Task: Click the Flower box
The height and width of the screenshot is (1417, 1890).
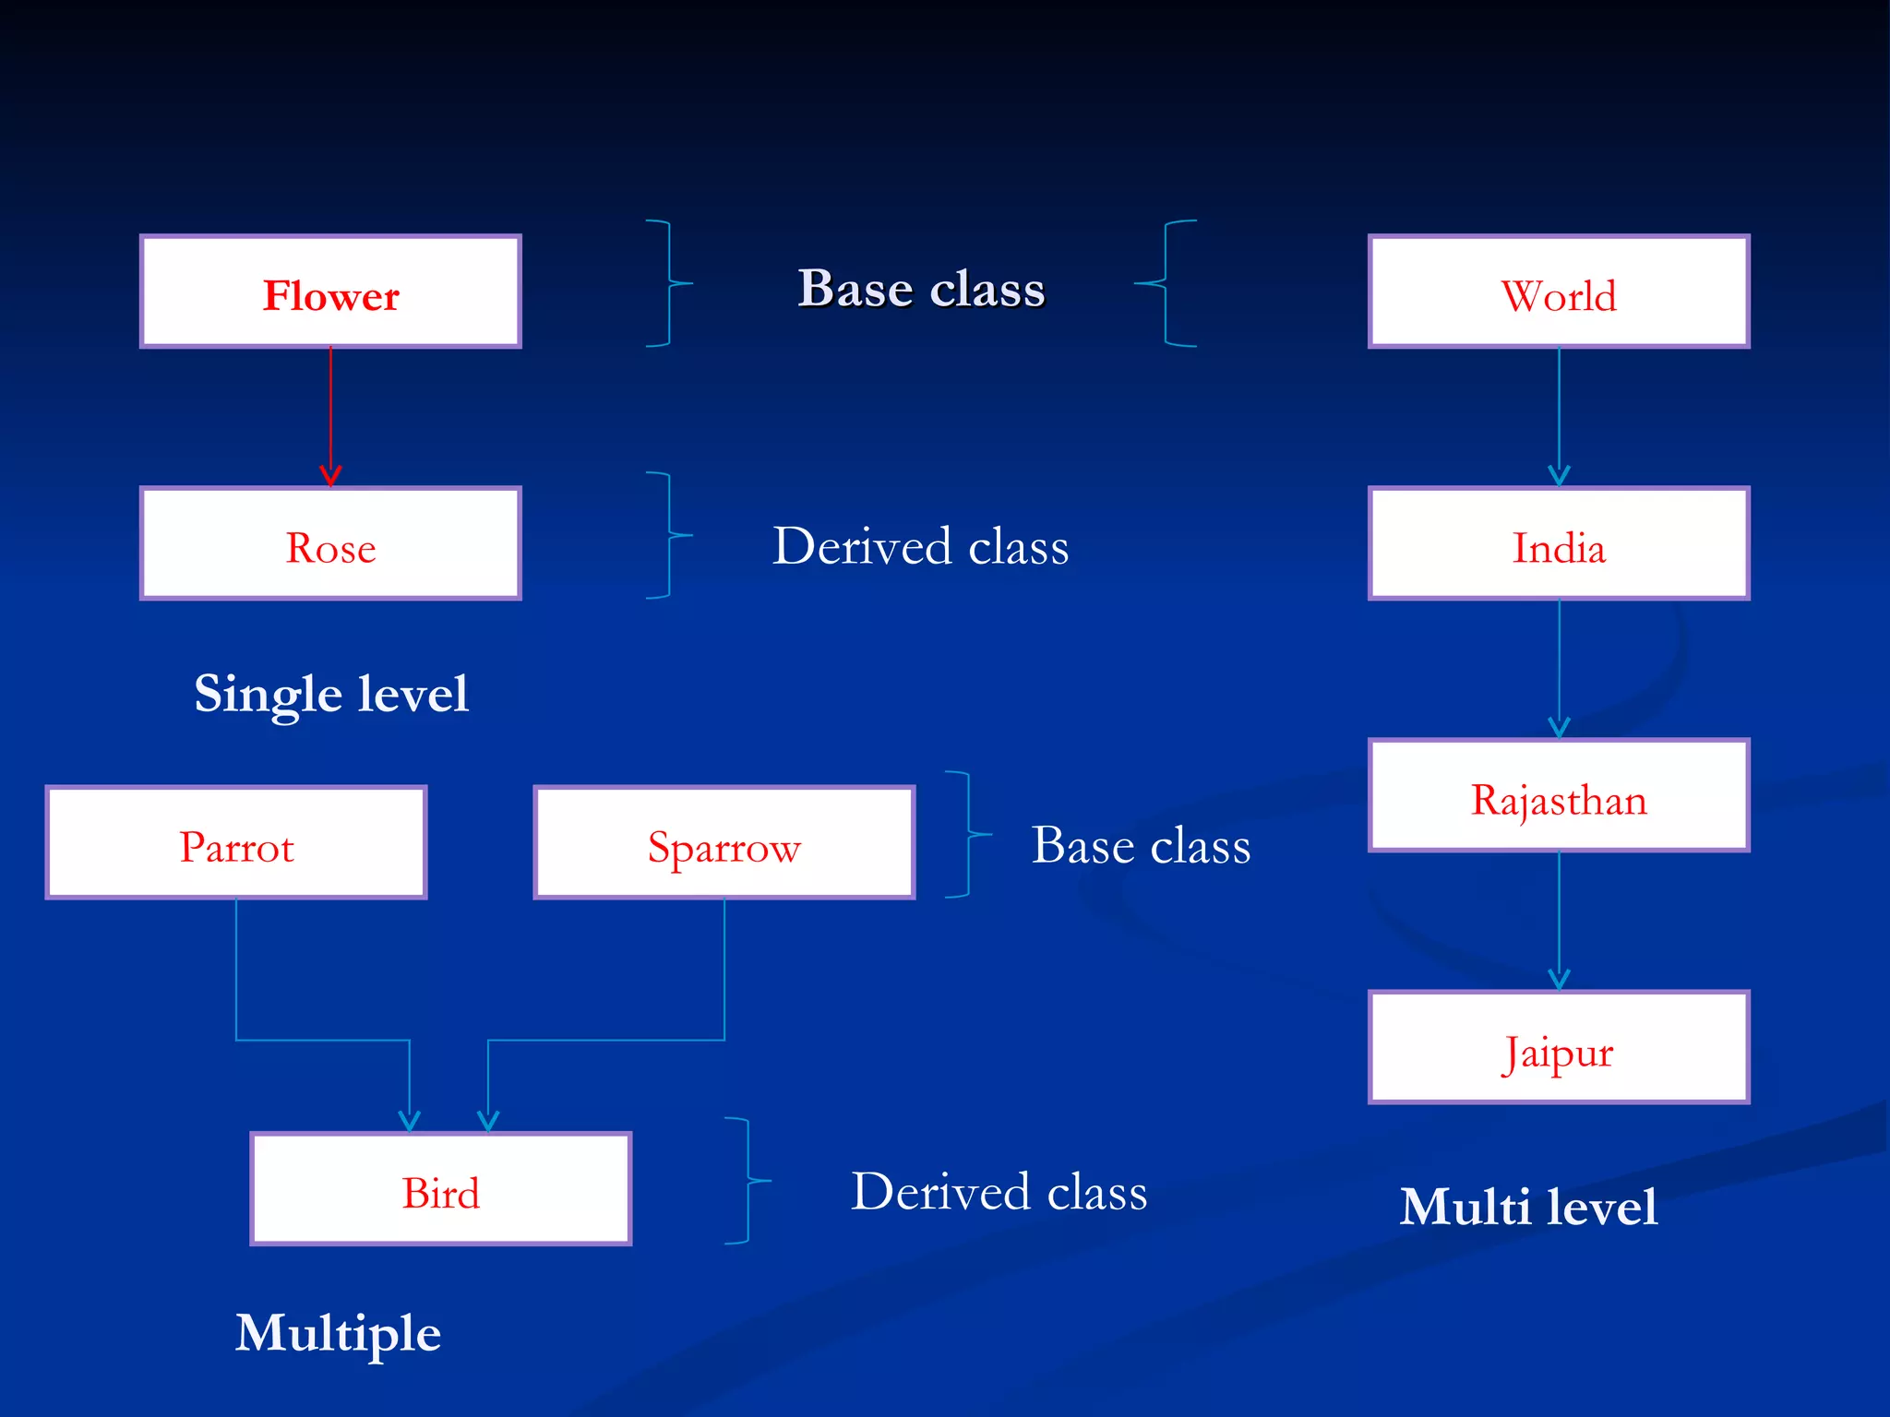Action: pyautogui.click(x=330, y=292)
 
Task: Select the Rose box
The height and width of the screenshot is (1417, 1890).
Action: pyautogui.click(x=330, y=543)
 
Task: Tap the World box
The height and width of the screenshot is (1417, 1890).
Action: pyautogui.click(x=1559, y=292)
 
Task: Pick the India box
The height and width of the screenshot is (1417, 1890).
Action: pyautogui.click(x=1559, y=543)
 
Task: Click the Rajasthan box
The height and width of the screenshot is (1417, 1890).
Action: pyautogui.click(x=1559, y=795)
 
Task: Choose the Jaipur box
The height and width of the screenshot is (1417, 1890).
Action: pyautogui.click(x=1559, y=1047)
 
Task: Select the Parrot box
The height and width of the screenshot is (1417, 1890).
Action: pyautogui.click(x=236, y=842)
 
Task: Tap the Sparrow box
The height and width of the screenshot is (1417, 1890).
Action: pyautogui.click(x=724, y=842)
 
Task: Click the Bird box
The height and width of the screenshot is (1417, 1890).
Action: pyautogui.click(x=441, y=1189)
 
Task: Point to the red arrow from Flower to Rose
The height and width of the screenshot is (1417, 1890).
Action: pyautogui.click(x=330, y=415)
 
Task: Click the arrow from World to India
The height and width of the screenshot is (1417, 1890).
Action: pyautogui.click(x=1559, y=415)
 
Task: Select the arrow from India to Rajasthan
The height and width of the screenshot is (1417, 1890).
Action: pyautogui.click(x=1559, y=669)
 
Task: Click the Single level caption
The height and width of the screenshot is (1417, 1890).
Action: pyautogui.click(x=331, y=694)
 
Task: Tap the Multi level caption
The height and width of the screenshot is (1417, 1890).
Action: pyautogui.click(x=1528, y=1207)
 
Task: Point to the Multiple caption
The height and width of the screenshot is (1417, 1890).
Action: pyautogui.click(x=338, y=1334)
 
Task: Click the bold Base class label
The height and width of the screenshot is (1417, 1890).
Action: pyautogui.click(x=921, y=289)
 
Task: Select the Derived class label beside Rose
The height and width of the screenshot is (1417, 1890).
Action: pyautogui.click(x=921, y=546)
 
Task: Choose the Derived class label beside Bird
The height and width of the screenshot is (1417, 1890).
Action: pyautogui.click(x=999, y=1191)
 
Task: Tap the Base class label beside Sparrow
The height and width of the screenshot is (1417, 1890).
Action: pyautogui.click(x=1141, y=845)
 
